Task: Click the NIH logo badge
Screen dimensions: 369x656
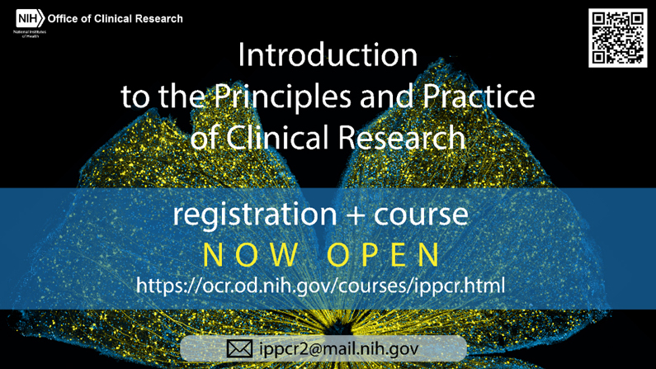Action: tap(31, 18)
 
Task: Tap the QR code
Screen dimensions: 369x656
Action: tap(617, 38)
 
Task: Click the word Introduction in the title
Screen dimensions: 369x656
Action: tap(328, 55)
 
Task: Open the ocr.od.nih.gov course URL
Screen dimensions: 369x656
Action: tap(320, 286)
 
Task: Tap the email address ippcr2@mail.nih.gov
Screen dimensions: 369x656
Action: tap(338, 349)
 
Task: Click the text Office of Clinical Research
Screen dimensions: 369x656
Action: tap(116, 18)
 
